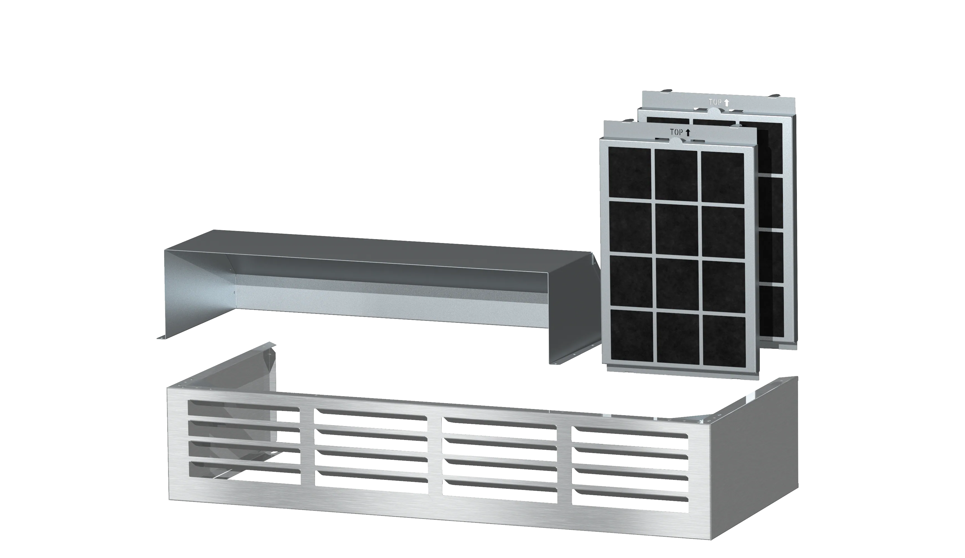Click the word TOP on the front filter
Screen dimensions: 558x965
(x=676, y=132)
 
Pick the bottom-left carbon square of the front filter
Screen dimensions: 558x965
(x=632, y=335)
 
